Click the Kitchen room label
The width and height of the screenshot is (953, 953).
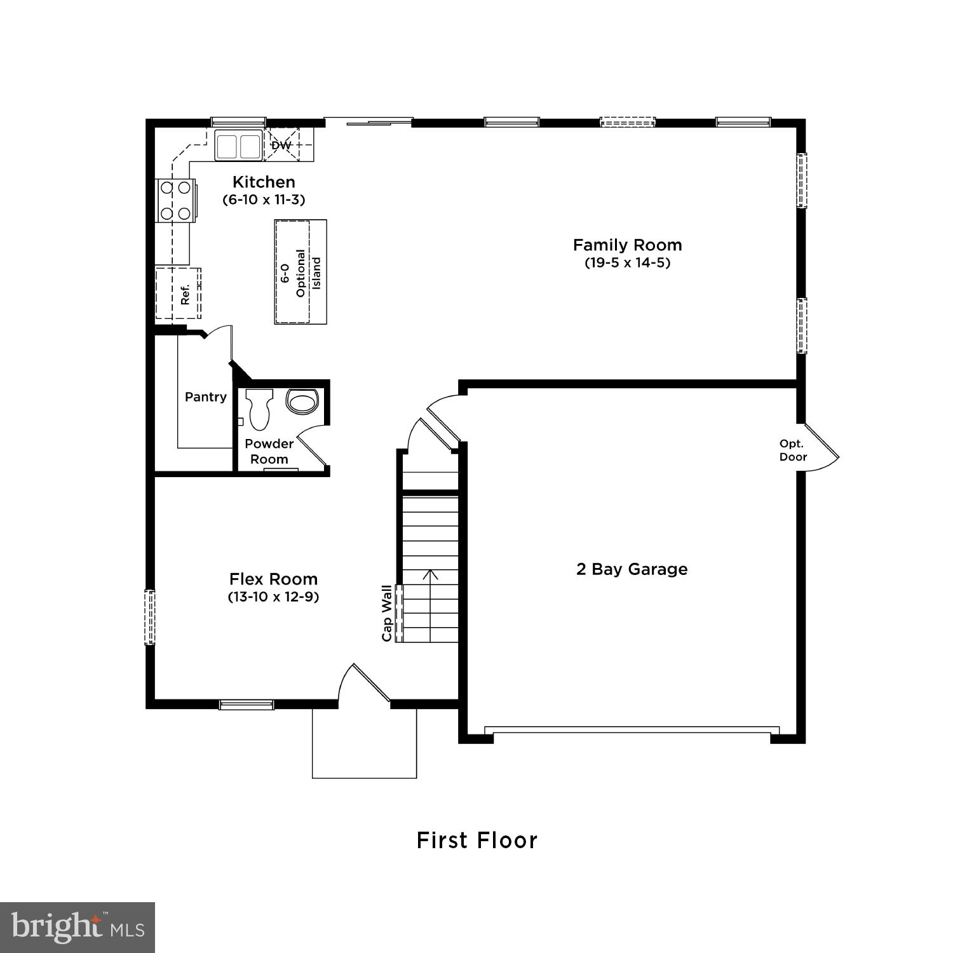pyautogui.click(x=264, y=182)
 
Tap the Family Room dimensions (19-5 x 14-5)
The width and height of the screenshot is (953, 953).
pyautogui.click(x=627, y=262)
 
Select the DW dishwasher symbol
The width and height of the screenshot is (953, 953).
pyautogui.click(x=281, y=145)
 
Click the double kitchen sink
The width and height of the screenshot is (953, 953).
pyautogui.click(x=238, y=145)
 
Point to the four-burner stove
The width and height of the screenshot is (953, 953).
pyautogui.click(x=176, y=200)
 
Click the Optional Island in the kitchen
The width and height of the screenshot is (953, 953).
pyautogui.click(x=301, y=272)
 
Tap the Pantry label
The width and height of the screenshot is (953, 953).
pyautogui.click(x=205, y=397)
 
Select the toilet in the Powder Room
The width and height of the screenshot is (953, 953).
pyautogui.click(x=259, y=408)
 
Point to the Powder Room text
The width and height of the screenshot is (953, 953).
pyautogui.click(x=269, y=451)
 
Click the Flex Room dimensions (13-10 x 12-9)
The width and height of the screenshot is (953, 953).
pyautogui.click(x=273, y=597)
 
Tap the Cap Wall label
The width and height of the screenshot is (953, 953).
pyautogui.click(x=386, y=613)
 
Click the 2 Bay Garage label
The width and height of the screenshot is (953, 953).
pyautogui.click(x=632, y=569)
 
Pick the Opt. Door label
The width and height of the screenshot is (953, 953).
pyautogui.click(x=793, y=450)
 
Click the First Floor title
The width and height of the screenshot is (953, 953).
pyautogui.click(x=477, y=841)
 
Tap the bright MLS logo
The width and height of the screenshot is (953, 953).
pyautogui.click(x=78, y=927)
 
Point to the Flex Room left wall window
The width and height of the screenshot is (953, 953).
pyautogui.click(x=150, y=617)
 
